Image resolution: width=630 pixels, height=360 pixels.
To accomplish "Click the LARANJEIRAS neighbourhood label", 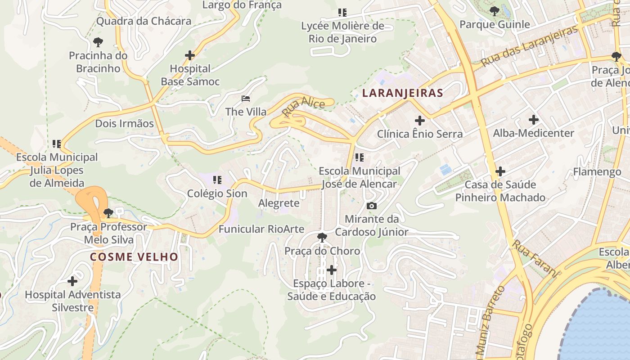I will tap(403, 93).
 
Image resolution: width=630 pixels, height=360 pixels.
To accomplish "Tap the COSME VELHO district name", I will tap(134, 257).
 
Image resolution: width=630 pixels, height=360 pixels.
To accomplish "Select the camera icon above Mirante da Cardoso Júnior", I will tap(372, 206).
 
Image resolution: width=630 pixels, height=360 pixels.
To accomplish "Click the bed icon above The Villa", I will tap(246, 98).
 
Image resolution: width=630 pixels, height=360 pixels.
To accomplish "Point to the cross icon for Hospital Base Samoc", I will tap(190, 55).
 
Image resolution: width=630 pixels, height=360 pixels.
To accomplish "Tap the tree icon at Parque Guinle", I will tap(495, 11).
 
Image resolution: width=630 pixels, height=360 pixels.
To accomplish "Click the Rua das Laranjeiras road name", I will tap(529, 46).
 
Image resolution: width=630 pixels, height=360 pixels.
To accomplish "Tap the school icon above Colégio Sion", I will tap(217, 180).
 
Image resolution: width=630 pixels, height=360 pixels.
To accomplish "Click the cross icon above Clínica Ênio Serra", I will tap(420, 121).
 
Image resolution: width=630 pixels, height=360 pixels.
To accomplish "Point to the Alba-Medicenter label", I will tap(534, 133).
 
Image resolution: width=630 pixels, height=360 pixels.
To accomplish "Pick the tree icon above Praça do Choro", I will tap(322, 237).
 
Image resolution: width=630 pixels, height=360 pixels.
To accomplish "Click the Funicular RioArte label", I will tap(261, 229).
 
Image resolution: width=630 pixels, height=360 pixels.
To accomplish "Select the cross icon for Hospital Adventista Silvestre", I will tap(72, 281).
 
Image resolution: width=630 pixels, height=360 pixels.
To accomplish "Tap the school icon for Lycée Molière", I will tap(342, 13).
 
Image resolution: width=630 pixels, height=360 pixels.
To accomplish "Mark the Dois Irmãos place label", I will tap(124, 123).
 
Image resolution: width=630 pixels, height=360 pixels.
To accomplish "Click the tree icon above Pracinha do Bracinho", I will tap(98, 43).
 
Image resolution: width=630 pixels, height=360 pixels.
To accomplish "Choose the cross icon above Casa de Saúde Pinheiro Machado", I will tap(500, 171).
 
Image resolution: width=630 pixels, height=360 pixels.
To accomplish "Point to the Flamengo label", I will tap(597, 172).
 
